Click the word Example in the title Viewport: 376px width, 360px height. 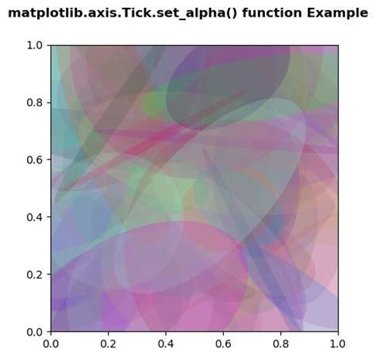click(x=337, y=13)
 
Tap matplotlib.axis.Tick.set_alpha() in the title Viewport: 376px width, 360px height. click(x=123, y=13)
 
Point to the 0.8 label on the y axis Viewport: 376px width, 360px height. click(x=34, y=102)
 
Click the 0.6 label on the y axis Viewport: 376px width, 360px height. click(x=34, y=159)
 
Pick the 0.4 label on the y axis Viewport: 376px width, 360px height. click(x=34, y=217)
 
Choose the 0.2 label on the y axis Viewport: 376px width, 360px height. click(x=34, y=274)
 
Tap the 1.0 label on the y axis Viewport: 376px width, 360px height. click(x=34, y=45)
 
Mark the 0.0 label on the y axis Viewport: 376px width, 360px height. click(x=34, y=331)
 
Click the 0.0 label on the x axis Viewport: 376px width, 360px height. click(x=51, y=343)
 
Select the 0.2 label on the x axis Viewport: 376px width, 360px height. click(x=109, y=343)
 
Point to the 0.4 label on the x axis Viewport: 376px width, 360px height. click(x=166, y=343)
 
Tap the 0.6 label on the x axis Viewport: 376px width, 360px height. click(x=223, y=343)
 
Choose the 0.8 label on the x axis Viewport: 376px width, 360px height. click(x=281, y=343)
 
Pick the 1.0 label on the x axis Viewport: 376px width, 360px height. click(x=338, y=343)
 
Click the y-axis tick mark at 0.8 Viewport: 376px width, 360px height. click(x=49, y=102)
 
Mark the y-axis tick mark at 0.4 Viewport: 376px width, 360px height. click(x=49, y=217)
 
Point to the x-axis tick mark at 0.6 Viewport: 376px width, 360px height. click(x=223, y=333)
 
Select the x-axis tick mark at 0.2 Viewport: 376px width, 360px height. click(x=109, y=333)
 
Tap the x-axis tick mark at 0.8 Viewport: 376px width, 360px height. click(x=281, y=333)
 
